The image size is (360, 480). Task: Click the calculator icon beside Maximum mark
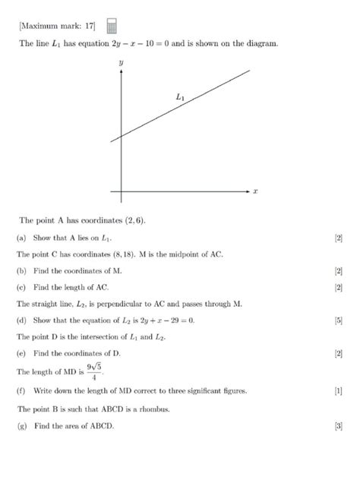coord(112,27)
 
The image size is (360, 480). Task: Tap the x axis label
coord(255,192)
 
